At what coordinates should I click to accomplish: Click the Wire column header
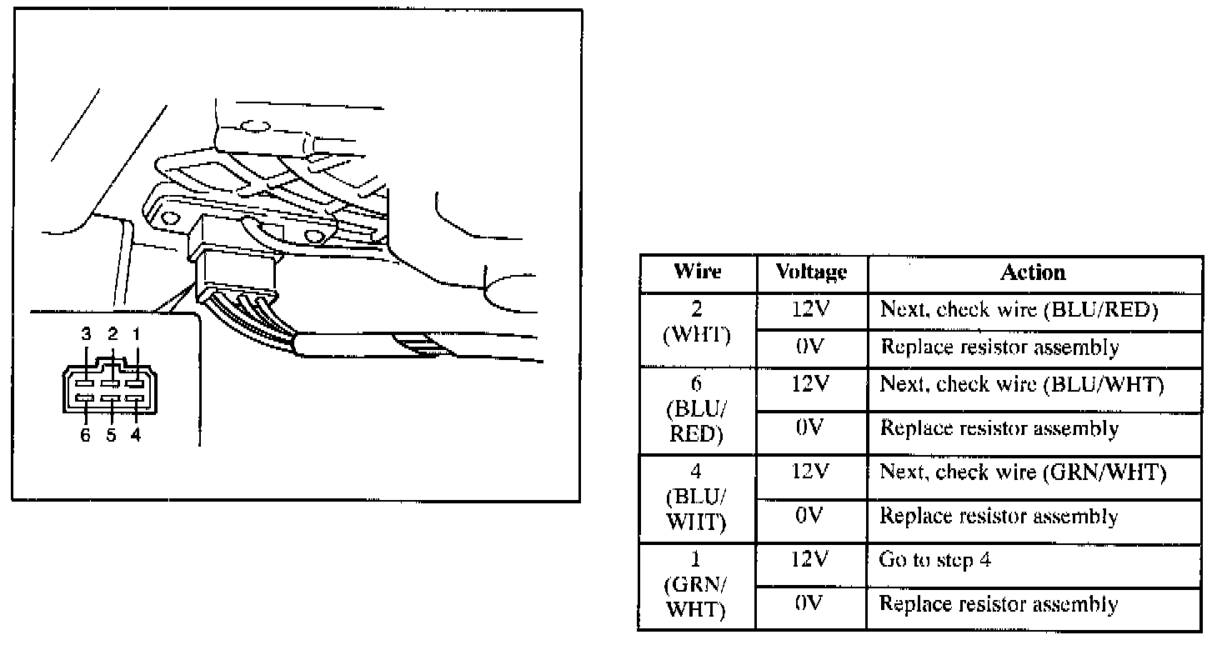(697, 272)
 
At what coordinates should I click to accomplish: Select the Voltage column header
(811, 272)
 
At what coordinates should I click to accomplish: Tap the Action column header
(1033, 272)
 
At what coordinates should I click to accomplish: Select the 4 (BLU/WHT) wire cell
(697, 497)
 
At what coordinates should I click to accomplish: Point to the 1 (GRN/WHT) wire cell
(697, 586)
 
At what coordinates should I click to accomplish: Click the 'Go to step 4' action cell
(934, 561)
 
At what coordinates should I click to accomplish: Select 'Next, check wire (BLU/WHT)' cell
(1022, 386)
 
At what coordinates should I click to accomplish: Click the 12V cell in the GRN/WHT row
(811, 561)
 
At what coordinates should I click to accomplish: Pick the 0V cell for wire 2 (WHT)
(811, 347)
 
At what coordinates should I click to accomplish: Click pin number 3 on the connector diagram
(87, 334)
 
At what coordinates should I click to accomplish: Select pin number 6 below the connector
(86, 436)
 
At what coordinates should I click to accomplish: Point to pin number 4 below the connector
(136, 436)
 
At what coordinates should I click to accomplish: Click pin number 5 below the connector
(111, 436)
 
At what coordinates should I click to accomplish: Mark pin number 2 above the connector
(113, 334)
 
